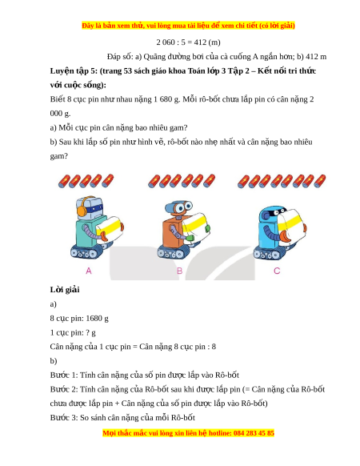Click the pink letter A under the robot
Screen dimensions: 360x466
pos(89,271)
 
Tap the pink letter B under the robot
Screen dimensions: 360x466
pos(180,271)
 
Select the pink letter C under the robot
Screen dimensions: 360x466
pos(277,271)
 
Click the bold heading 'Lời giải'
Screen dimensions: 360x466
pos(65,290)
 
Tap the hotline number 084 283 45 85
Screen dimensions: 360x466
pos(254,432)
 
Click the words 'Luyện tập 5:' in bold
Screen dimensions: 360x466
pos(74,70)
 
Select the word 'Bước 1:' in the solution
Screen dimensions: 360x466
pos(64,375)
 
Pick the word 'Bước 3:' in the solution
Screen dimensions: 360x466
pos(64,417)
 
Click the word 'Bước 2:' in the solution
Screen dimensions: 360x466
pos(64,389)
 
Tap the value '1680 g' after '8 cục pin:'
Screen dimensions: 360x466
pos(97,319)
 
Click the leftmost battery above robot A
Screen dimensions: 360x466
pos(64,181)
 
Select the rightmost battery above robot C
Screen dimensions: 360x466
pos(320,181)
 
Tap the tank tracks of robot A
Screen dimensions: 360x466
pos(86,252)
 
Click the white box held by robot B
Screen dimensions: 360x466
pos(195,228)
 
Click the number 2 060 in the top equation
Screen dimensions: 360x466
pos(166,42)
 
